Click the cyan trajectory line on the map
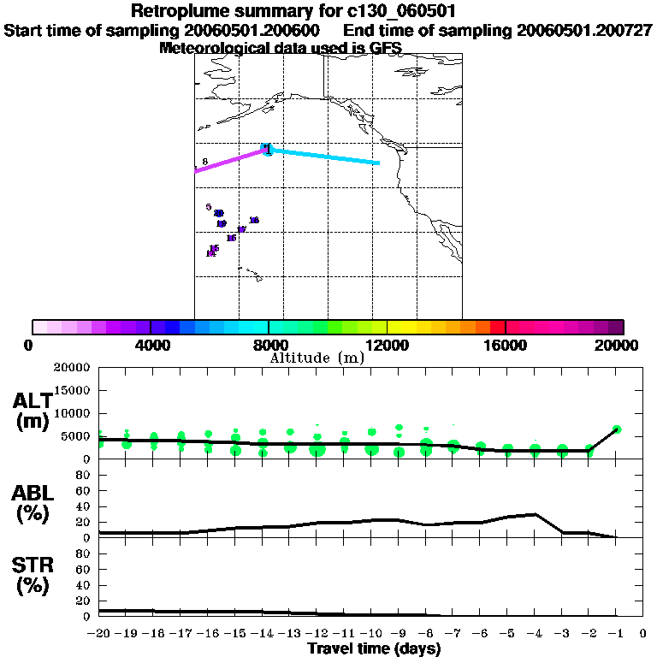325,157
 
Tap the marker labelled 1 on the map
268,150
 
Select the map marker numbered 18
253,221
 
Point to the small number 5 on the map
208,207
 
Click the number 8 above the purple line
205,162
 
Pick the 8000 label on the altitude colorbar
268,345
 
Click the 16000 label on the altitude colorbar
506,345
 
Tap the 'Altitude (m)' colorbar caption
317,358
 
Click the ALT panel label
33,411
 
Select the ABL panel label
33,505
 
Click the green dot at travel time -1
616,429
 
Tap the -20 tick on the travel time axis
101,634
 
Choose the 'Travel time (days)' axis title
374,648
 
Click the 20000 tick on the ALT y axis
72,368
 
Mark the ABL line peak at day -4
535,514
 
